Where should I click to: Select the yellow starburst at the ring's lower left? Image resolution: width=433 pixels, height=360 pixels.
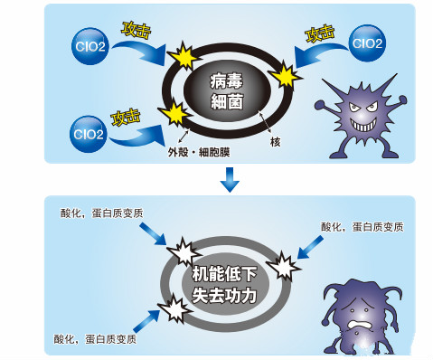click(172, 114)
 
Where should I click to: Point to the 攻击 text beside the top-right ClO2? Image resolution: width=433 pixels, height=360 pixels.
click(322, 35)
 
